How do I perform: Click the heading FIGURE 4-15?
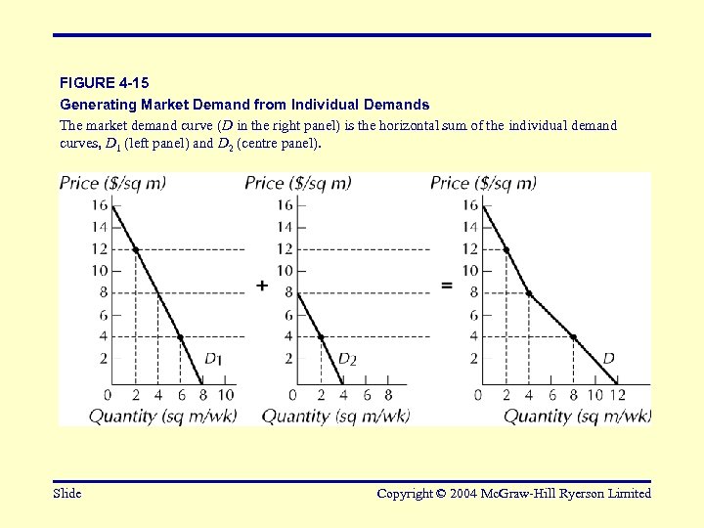point(105,83)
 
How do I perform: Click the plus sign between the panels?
point(262,286)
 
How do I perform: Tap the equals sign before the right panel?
point(447,286)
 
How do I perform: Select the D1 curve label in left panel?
point(212,359)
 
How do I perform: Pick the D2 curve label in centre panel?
point(346,359)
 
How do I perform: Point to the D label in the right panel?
point(608,359)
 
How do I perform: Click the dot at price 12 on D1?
point(135,250)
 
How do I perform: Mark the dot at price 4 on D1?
point(180,337)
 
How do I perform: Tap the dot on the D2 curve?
point(321,337)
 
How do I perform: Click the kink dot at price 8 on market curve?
point(529,293)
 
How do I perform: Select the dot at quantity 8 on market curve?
point(573,337)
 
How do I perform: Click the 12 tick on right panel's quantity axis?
point(616,395)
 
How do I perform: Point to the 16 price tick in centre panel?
point(284,205)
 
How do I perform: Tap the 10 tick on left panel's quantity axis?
point(225,395)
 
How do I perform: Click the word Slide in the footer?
point(67,494)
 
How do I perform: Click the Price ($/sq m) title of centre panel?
point(297,183)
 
